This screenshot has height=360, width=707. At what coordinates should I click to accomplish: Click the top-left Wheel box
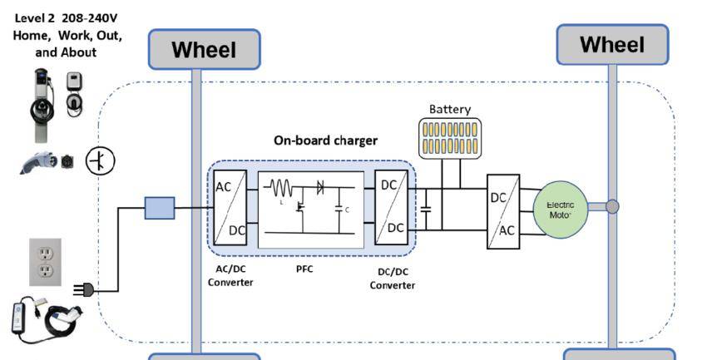coord(204,50)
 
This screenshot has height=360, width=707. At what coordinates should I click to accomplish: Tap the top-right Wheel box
coord(612,45)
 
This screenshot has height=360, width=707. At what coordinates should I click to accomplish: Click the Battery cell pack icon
coord(450,137)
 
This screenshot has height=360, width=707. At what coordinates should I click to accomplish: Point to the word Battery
coord(450,109)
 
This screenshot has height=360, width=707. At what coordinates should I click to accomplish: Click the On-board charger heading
coord(325,141)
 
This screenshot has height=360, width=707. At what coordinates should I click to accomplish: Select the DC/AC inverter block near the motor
coord(503,211)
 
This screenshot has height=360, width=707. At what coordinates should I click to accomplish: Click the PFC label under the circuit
coord(305,269)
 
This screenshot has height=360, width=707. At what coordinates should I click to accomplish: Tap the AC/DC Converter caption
coord(230,275)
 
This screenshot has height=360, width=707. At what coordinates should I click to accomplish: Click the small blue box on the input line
coord(160,208)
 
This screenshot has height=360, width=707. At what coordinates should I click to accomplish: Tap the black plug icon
coord(84,290)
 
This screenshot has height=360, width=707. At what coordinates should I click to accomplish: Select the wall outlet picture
coord(46,262)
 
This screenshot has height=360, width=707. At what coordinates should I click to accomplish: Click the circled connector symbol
coord(101,160)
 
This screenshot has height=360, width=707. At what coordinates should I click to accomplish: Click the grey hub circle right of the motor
coord(612,206)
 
